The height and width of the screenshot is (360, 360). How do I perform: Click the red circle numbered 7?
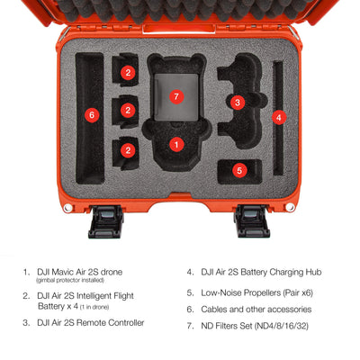point(176,96)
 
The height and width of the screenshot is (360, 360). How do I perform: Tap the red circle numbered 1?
point(176,145)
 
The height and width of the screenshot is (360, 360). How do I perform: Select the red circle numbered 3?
point(238,103)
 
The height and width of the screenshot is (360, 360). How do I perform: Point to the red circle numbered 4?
point(279,117)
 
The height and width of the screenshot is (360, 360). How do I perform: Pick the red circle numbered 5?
point(239,171)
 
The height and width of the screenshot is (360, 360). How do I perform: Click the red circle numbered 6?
point(92,114)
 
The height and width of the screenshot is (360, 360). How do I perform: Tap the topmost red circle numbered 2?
point(128,72)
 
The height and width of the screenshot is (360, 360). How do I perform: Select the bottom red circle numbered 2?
point(128,149)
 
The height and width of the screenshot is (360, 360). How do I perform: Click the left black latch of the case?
point(106,221)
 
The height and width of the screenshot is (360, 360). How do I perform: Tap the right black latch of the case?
point(251,221)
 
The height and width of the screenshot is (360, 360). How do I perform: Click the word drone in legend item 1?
point(112,272)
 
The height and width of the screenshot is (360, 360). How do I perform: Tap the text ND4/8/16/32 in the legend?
point(282,326)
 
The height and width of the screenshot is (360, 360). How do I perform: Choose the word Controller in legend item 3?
point(126,323)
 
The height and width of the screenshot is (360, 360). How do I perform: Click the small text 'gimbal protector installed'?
point(70,280)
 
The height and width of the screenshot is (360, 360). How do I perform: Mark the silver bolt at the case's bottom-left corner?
point(68,208)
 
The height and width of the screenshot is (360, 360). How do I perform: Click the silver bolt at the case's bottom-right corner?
point(290,207)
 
